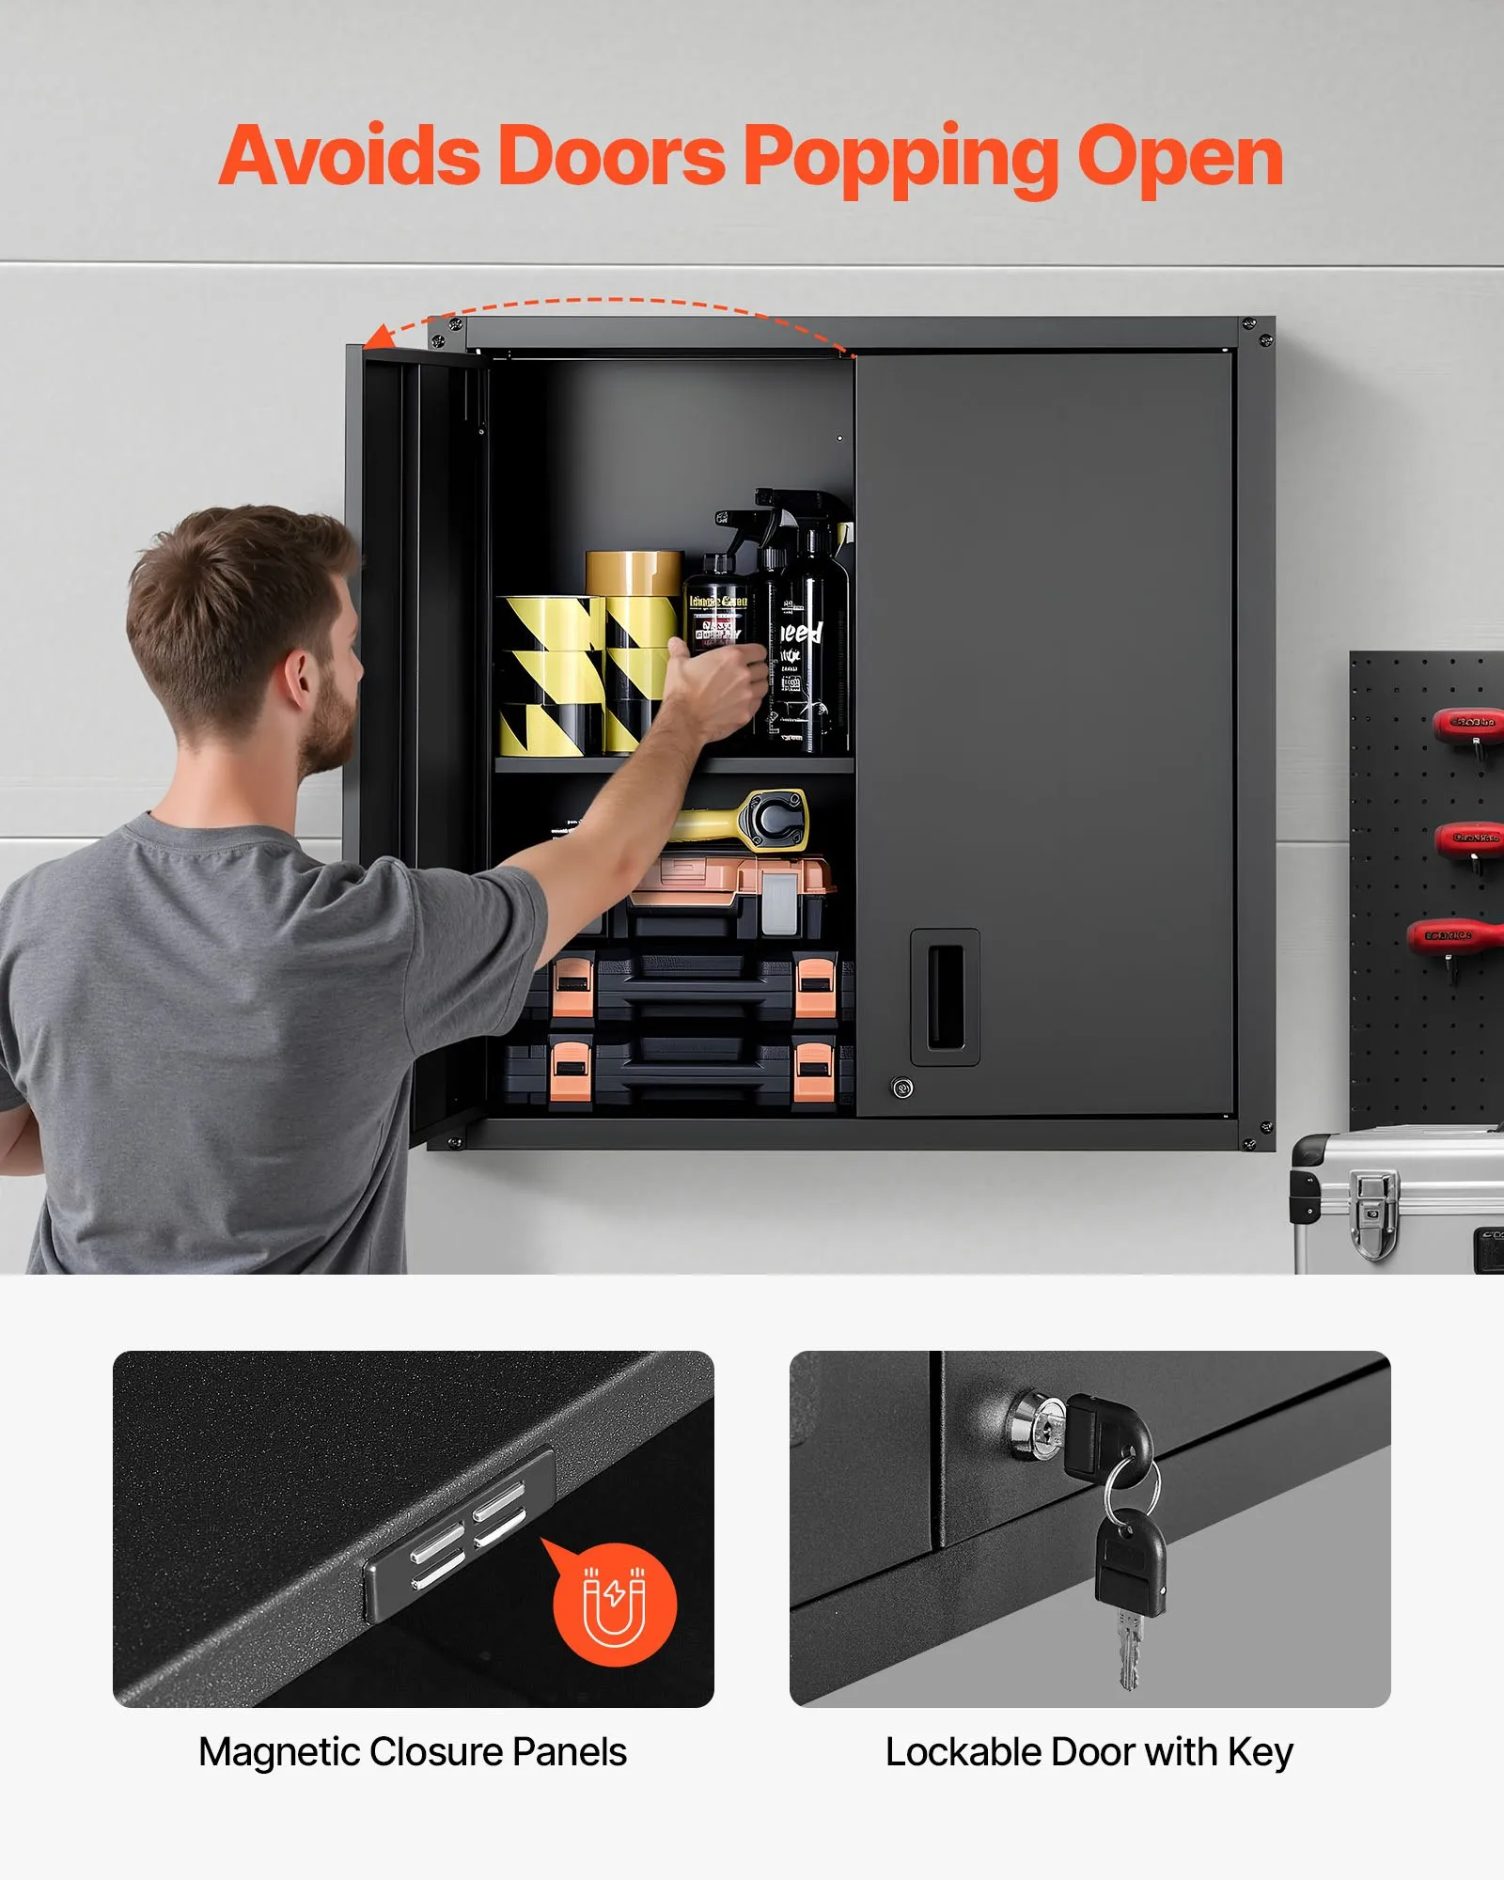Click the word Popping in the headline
900,158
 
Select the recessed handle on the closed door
945,996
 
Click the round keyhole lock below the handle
901,1089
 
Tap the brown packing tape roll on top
634,572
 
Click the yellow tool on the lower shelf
743,820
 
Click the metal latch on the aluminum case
1373,1213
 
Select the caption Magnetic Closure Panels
413,1751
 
